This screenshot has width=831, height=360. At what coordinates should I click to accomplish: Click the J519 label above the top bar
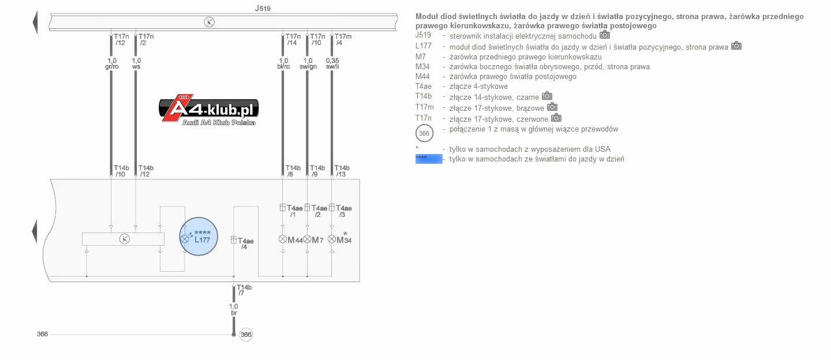[x=262, y=8]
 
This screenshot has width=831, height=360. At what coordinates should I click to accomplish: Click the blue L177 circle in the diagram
[x=199, y=237]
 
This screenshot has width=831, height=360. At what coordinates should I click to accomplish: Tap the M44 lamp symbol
[x=283, y=239]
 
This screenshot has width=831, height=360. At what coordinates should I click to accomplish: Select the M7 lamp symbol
[x=307, y=239]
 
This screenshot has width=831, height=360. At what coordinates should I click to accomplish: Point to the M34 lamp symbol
[x=332, y=239]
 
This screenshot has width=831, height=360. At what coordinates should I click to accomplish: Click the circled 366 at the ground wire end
[x=246, y=335]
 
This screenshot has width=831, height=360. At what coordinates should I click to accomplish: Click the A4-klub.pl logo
[x=208, y=110]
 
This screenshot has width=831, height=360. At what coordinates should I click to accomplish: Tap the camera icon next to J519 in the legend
[x=605, y=35]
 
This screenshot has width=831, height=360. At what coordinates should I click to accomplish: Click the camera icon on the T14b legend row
[x=547, y=96]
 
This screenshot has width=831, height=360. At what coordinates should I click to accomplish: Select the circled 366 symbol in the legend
[x=424, y=133]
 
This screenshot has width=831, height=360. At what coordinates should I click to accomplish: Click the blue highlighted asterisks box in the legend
[x=429, y=159]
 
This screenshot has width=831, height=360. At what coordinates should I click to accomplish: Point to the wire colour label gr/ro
[x=112, y=67]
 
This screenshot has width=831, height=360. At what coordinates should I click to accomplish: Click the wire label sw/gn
[x=308, y=67]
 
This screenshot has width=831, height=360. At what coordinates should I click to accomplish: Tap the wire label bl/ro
[x=283, y=67]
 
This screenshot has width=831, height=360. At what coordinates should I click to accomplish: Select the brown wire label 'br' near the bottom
[x=234, y=313]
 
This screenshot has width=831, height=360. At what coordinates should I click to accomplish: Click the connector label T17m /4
[x=343, y=39]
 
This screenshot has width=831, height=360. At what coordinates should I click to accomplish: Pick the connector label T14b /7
[x=244, y=290]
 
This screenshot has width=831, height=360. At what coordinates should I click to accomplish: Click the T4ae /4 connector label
[x=245, y=243]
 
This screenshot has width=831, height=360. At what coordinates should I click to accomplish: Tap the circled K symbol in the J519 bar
[x=209, y=22]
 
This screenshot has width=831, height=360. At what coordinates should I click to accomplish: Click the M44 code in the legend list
[x=422, y=76]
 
